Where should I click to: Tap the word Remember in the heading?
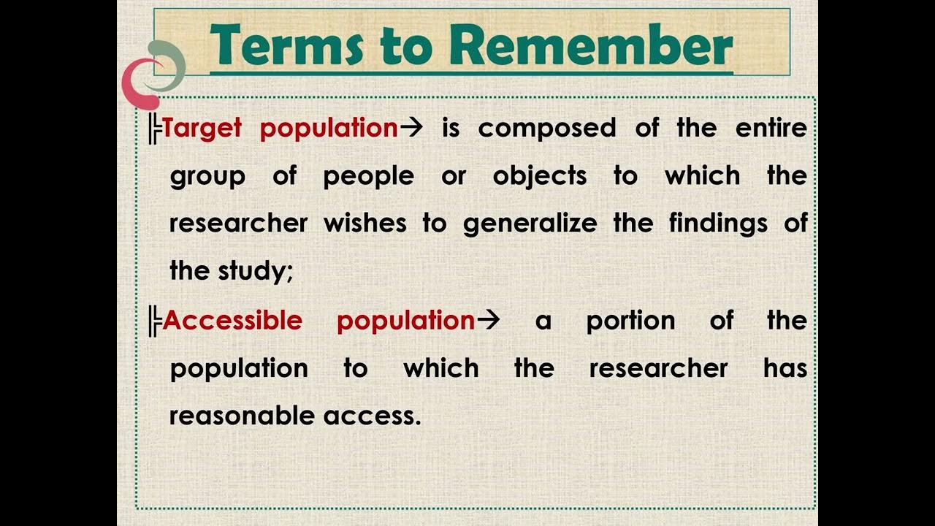click(x=595, y=45)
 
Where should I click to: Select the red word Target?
click(x=202, y=129)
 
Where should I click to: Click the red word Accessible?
click(x=232, y=321)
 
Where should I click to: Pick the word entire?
click(x=771, y=129)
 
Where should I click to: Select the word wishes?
click(x=365, y=224)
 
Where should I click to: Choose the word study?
click(x=255, y=272)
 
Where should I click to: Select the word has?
click(x=785, y=367)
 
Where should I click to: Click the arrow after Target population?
click(x=412, y=129)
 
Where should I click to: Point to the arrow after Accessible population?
click(x=488, y=321)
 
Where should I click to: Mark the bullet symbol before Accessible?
click(x=154, y=321)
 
